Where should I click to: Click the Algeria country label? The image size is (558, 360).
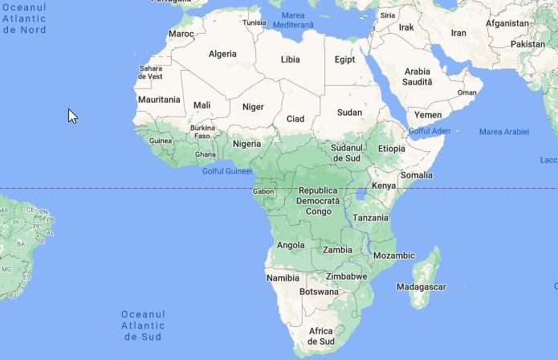[x=222, y=54]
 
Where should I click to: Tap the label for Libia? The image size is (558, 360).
[x=290, y=59]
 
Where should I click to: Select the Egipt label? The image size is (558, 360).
[x=345, y=59]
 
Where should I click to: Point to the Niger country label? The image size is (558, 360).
[x=253, y=106]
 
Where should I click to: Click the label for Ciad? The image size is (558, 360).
[x=295, y=119]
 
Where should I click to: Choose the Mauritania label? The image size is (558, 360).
[x=159, y=100]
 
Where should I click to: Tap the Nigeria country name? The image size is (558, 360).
[x=246, y=144]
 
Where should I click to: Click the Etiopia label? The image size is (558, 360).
[x=392, y=149]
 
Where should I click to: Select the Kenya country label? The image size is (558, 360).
[x=384, y=186]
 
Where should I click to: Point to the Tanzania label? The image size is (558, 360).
[x=370, y=218]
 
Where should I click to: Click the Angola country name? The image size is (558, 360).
[x=291, y=245]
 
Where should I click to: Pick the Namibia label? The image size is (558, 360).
[x=282, y=277]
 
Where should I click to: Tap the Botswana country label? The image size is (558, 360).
[x=319, y=292]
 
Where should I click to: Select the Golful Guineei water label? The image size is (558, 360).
[x=227, y=171]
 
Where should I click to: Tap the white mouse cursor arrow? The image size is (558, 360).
[x=72, y=116]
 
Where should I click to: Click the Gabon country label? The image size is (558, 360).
[x=263, y=191]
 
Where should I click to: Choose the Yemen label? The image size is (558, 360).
[x=427, y=115]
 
